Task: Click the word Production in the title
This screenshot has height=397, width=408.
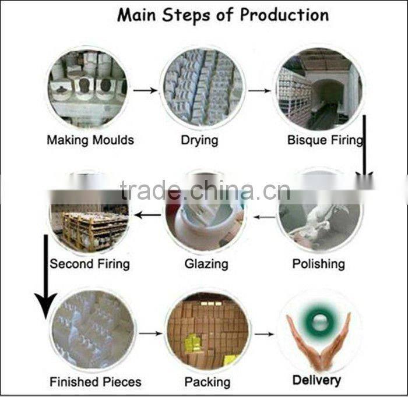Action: click(x=284, y=15)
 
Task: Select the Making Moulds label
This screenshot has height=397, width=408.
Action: click(x=90, y=140)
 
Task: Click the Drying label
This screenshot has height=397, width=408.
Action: click(x=199, y=140)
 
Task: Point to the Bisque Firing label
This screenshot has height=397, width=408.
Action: click(x=325, y=140)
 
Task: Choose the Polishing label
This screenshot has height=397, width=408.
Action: click(x=318, y=264)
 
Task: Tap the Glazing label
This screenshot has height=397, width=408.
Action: click(x=206, y=264)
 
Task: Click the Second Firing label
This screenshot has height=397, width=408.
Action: click(x=90, y=264)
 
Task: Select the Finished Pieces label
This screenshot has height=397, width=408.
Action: click(x=96, y=382)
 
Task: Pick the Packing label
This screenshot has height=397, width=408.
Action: click(x=207, y=382)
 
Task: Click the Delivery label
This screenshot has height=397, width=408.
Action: click(x=316, y=380)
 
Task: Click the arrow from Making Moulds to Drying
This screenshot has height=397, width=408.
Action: click(x=146, y=90)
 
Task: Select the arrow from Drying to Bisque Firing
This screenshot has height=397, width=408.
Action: click(x=259, y=91)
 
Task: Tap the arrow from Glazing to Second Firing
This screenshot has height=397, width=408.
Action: click(x=147, y=215)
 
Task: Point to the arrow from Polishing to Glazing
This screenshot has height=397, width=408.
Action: click(x=265, y=217)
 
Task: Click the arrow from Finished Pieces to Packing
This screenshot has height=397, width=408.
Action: click(x=150, y=334)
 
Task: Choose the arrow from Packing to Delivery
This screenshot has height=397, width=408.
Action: click(x=264, y=334)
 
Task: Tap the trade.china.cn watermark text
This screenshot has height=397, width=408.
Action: click(x=205, y=190)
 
